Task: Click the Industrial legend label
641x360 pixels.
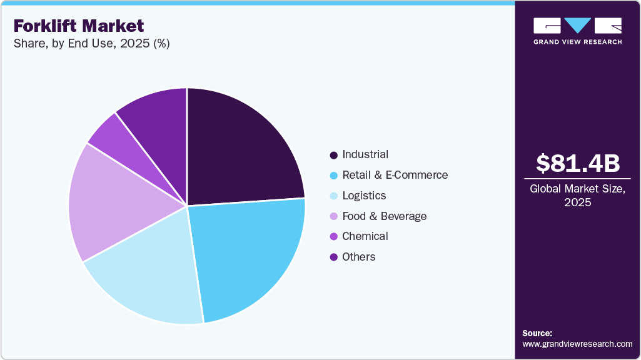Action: click(x=365, y=154)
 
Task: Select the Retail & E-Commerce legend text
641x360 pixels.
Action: click(x=395, y=175)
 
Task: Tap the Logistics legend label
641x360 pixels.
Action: click(x=364, y=196)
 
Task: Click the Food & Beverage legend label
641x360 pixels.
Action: click(x=384, y=216)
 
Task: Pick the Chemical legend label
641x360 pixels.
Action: click(x=365, y=236)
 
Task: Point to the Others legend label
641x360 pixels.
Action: click(x=358, y=257)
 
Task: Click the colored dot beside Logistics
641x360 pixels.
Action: click(x=333, y=196)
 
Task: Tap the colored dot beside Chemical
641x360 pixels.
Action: click(x=333, y=237)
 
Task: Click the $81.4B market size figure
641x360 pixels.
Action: click(x=577, y=163)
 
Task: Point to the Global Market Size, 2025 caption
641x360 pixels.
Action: click(x=577, y=195)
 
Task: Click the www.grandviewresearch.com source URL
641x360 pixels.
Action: click(x=577, y=344)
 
